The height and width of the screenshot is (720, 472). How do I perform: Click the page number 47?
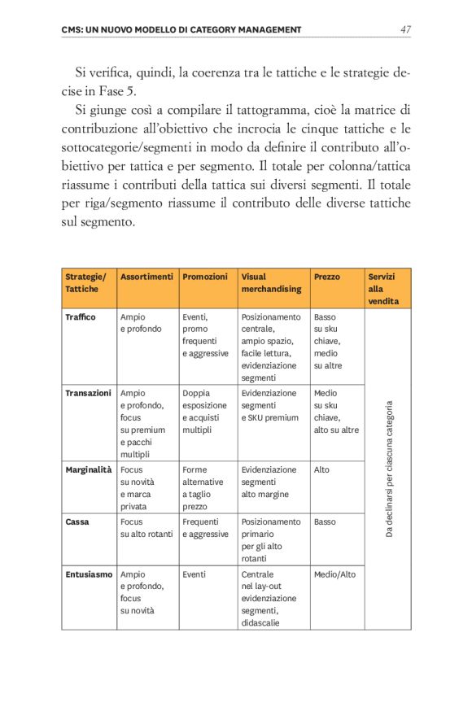(x=404, y=30)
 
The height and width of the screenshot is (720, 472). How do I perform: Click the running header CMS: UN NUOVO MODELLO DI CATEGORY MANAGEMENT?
(x=181, y=30)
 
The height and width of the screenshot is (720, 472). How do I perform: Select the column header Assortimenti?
(x=146, y=277)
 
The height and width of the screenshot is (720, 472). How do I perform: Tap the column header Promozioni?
(x=205, y=277)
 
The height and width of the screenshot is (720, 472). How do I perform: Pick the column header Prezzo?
(x=327, y=277)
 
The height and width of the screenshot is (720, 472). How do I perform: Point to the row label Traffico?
(x=81, y=316)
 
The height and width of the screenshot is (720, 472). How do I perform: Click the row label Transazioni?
(x=88, y=393)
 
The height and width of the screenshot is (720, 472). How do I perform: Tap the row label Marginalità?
(x=88, y=469)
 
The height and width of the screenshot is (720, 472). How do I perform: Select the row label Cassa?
(x=77, y=521)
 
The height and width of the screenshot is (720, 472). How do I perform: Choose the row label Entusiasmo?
(x=89, y=574)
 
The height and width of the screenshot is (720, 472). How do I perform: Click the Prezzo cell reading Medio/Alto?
(x=334, y=574)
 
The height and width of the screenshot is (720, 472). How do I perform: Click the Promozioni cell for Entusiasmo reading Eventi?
(x=194, y=574)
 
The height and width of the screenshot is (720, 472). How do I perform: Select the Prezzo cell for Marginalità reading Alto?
(x=323, y=469)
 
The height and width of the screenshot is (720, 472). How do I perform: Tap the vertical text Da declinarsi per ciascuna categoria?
(x=389, y=468)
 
